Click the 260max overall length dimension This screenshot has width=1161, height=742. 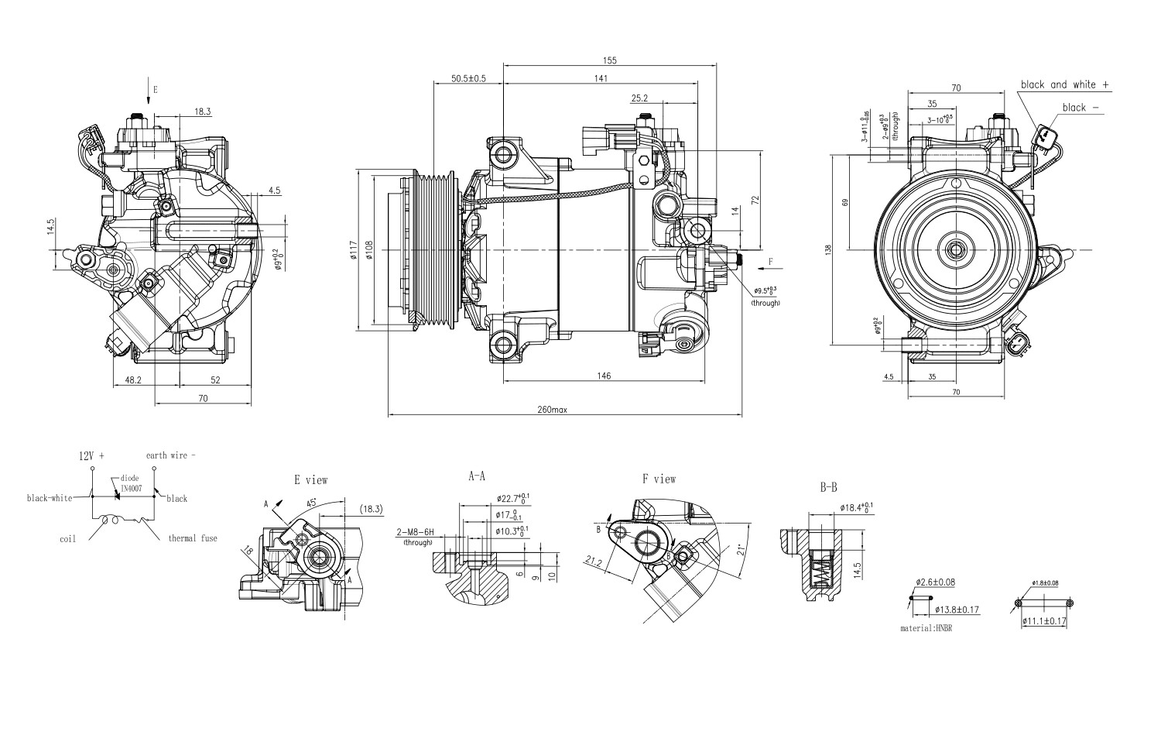point(553,410)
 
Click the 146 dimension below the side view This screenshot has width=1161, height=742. point(604,376)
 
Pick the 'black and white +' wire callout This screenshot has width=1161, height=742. point(1064,84)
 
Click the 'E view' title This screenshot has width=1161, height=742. point(310,480)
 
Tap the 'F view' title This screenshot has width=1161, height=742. point(659,479)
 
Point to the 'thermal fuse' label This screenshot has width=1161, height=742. point(193,538)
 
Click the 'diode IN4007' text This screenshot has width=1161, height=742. point(130,483)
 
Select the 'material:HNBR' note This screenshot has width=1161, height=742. point(926,628)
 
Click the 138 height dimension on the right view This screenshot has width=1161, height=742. point(827,249)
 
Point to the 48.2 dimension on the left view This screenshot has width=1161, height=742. point(133,380)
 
